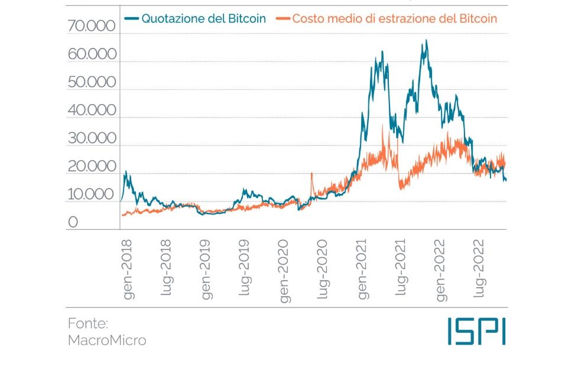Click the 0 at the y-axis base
(x=73, y=222)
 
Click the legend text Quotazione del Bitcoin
(x=203, y=18)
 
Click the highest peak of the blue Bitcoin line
(x=426, y=41)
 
